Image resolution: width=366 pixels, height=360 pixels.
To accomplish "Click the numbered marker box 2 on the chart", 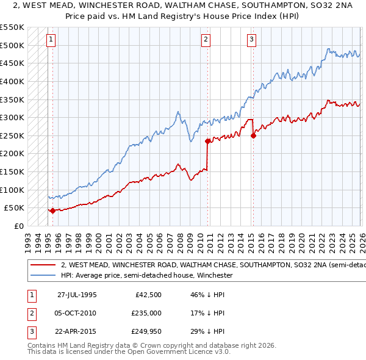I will tap(206, 40).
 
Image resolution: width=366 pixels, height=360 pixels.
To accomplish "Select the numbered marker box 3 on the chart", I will tap(251, 40).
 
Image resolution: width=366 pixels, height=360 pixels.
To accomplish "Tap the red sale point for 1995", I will tap(52, 211).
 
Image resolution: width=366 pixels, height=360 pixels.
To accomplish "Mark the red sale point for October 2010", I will tap(207, 141).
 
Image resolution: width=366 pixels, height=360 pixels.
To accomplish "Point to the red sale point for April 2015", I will tap(253, 135).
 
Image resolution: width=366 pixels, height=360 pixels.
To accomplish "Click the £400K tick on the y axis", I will tap(12, 81).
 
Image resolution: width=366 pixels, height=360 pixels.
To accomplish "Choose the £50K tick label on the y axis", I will tap(15, 208).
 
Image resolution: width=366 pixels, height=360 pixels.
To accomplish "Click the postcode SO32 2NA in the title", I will tap(273, 7).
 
